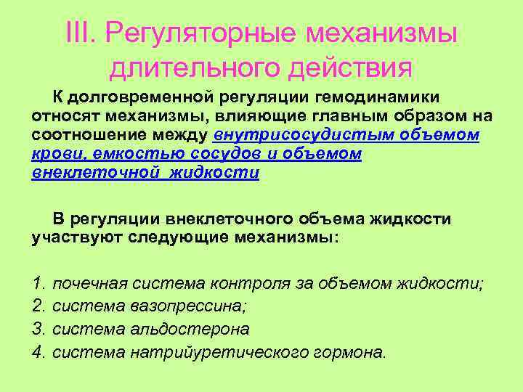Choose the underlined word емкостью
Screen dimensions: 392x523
point(117,155)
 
